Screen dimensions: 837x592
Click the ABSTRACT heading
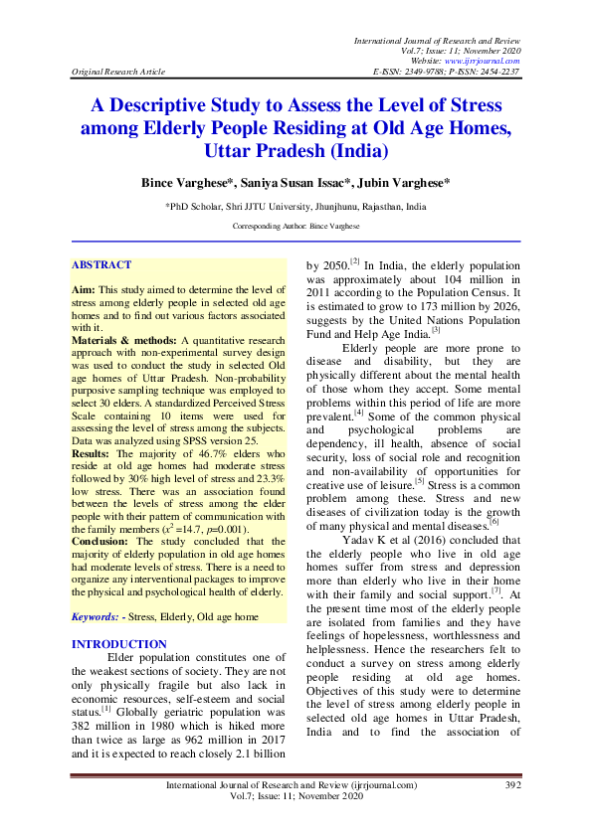coord(101,265)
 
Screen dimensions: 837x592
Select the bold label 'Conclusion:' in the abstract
coord(100,542)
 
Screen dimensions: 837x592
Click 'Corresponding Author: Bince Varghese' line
coord(296,227)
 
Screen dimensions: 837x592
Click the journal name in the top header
coord(437,37)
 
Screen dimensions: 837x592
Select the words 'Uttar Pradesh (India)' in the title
coord(296,151)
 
